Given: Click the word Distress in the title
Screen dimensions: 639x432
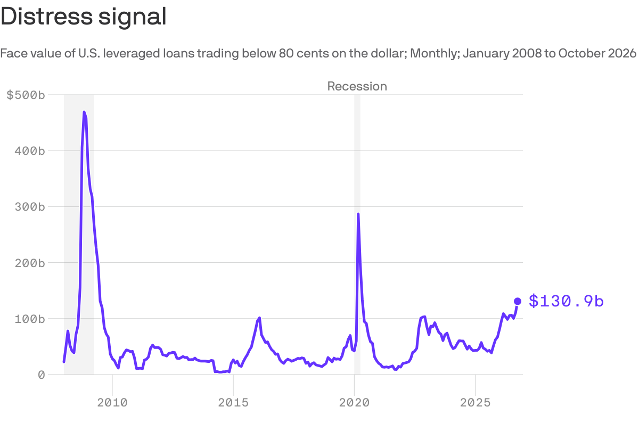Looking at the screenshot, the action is point(47,16).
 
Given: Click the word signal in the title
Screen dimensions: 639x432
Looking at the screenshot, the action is point(133,18).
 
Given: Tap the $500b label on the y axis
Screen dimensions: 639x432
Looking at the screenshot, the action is point(26,95).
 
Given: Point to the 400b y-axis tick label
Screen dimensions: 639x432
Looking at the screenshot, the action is point(30,151).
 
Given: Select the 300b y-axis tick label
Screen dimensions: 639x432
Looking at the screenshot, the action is point(30,206).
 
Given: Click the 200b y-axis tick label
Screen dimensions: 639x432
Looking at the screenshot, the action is point(30,263).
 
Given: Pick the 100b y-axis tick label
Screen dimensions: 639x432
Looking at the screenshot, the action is point(30,319).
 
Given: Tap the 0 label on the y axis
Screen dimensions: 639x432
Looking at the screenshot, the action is point(42,375).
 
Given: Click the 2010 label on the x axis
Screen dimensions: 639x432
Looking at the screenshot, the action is point(112,403).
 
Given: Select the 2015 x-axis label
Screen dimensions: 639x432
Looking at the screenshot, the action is point(233,403).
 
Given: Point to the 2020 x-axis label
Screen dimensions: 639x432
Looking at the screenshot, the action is point(354,403).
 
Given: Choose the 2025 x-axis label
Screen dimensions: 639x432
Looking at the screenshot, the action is point(475,403).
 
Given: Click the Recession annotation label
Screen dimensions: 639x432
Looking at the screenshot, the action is point(357,86).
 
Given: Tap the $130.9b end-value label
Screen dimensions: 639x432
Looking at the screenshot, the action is point(566,301).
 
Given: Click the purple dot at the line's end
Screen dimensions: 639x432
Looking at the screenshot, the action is point(518,301).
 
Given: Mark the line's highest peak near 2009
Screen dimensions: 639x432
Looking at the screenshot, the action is point(84,112).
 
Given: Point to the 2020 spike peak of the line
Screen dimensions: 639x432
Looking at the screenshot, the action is point(358,213).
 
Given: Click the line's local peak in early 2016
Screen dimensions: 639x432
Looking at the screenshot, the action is point(259,318).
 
